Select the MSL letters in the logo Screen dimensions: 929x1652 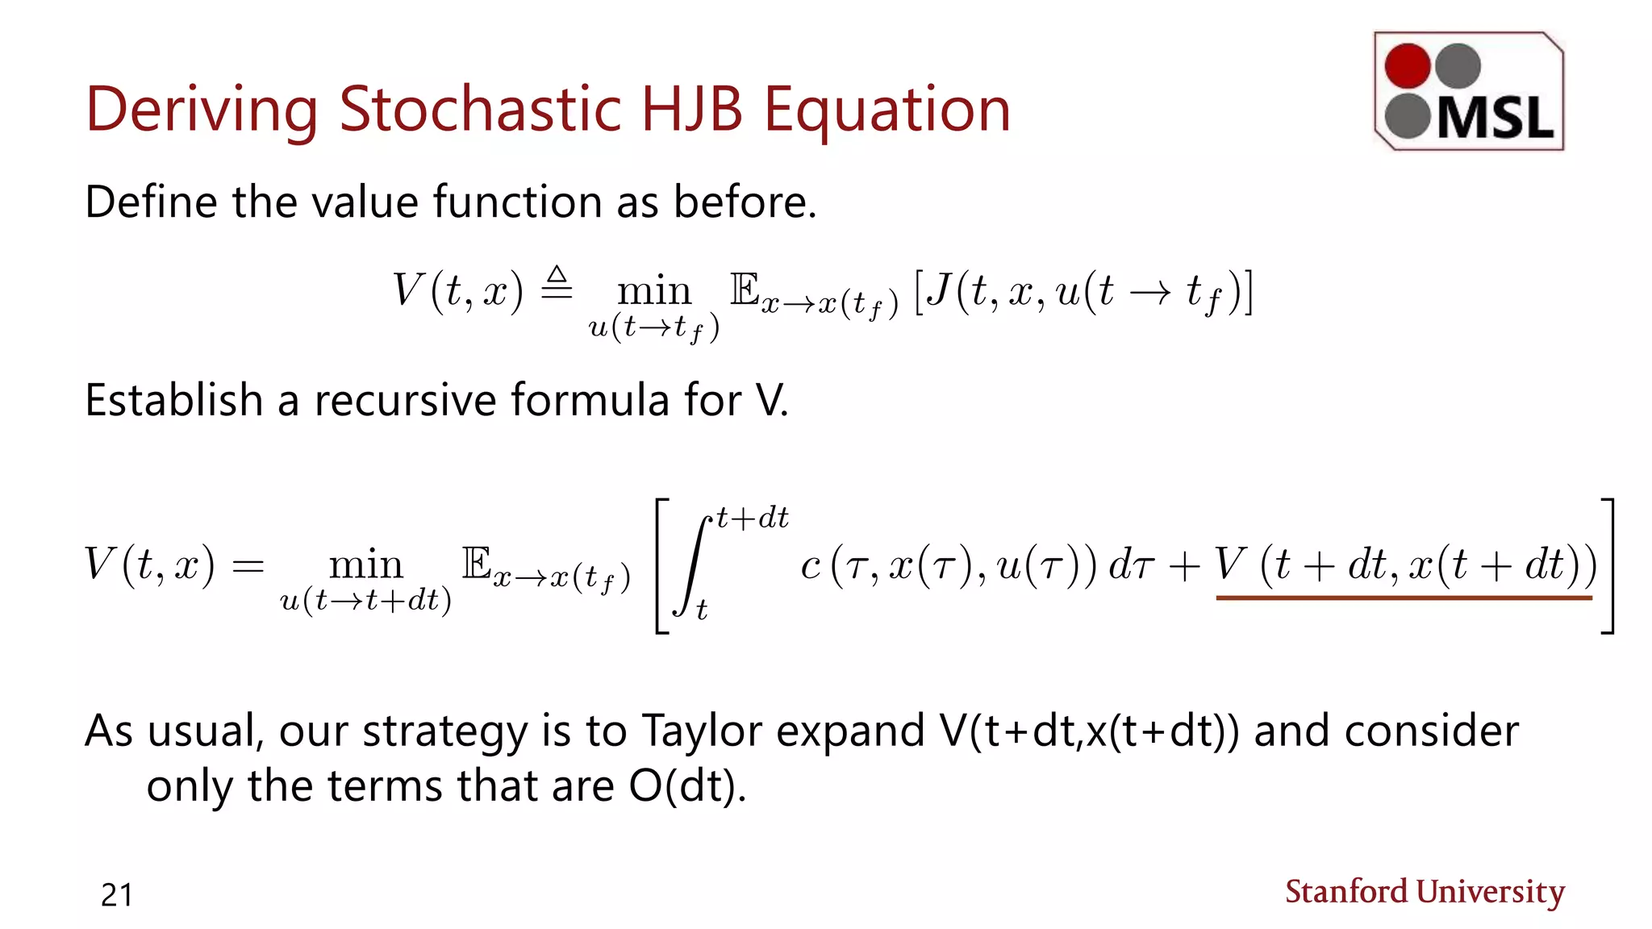pos(1495,119)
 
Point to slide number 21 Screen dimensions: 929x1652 pos(117,895)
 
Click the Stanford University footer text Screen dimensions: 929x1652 pos(1425,892)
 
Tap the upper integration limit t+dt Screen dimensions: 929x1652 pos(753,518)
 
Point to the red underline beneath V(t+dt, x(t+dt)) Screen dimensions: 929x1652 pos(1404,598)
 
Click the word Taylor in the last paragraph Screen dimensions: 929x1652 pos(702,731)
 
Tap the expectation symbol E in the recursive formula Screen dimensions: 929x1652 pos(477,563)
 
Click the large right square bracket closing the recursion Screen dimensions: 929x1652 pos(1607,566)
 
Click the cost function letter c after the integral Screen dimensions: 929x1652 pos(810,566)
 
